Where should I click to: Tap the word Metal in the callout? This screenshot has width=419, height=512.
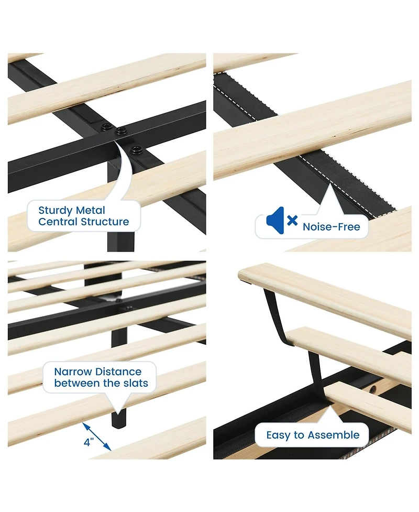[91, 210]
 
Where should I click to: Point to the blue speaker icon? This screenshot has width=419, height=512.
[275, 221]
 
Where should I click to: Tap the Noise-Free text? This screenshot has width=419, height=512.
[331, 227]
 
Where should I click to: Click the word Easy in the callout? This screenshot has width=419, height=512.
[278, 435]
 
